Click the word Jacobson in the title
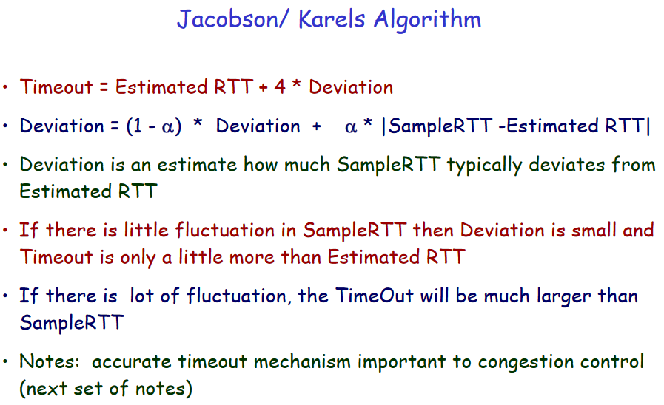(228, 19)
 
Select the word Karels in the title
(332, 19)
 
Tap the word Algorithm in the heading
(427, 20)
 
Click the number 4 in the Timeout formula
(280, 87)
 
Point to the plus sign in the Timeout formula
(263, 88)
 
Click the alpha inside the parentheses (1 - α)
(168, 127)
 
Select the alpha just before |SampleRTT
(351, 127)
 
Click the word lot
(142, 296)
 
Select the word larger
(563, 297)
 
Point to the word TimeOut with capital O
(375, 296)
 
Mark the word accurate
(132, 362)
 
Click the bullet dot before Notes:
(5, 361)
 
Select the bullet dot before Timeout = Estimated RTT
(5, 87)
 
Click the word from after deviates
(634, 164)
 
